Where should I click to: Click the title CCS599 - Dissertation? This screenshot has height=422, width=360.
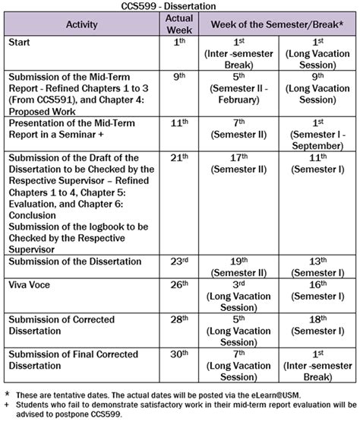179,6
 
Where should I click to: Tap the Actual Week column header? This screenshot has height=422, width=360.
179,24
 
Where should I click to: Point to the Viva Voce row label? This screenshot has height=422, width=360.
32,285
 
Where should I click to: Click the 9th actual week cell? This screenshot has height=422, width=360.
179,77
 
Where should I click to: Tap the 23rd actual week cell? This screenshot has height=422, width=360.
179,262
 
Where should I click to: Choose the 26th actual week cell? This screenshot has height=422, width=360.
179,285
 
